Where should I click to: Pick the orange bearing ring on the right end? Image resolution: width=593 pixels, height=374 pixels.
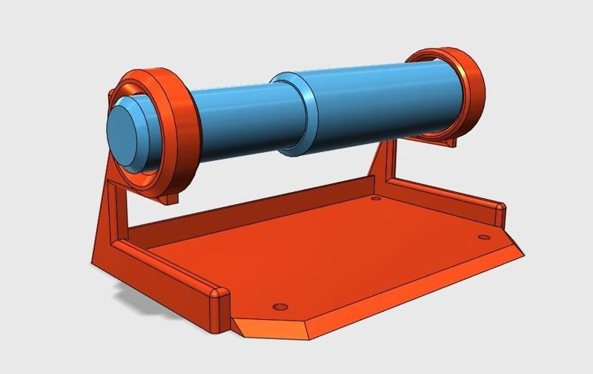tap(467, 89)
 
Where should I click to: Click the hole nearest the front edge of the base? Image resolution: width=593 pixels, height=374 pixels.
tap(279, 306)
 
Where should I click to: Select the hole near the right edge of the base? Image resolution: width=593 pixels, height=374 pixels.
tap(484, 237)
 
